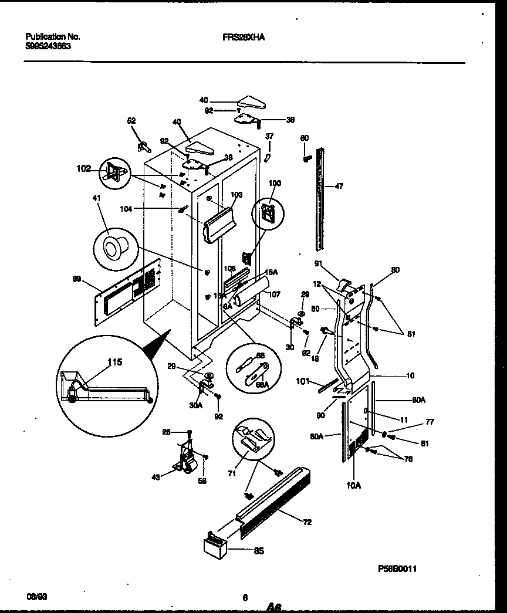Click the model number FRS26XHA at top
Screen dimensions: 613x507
pyautogui.click(x=244, y=36)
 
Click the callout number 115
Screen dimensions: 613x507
pyautogui.click(x=115, y=363)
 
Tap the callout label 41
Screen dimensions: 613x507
pyautogui.click(x=96, y=199)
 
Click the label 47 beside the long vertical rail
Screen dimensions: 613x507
pyautogui.click(x=339, y=186)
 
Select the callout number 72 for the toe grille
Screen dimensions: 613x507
pyautogui.click(x=307, y=521)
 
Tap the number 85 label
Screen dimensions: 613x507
pyautogui.click(x=259, y=551)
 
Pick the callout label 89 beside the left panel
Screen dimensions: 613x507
pyautogui.click(x=76, y=279)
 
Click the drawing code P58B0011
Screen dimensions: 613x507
pyautogui.click(x=397, y=568)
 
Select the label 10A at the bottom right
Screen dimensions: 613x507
pyautogui.click(x=354, y=486)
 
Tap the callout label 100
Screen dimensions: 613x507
pyautogui.click(x=275, y=184)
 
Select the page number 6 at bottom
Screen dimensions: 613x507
pyautogui.click(x=245, y=598)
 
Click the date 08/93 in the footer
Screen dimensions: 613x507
pyautogui.click(x=36, y=597)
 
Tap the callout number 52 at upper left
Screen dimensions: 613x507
pyautogui.click(x=131, y=120)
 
